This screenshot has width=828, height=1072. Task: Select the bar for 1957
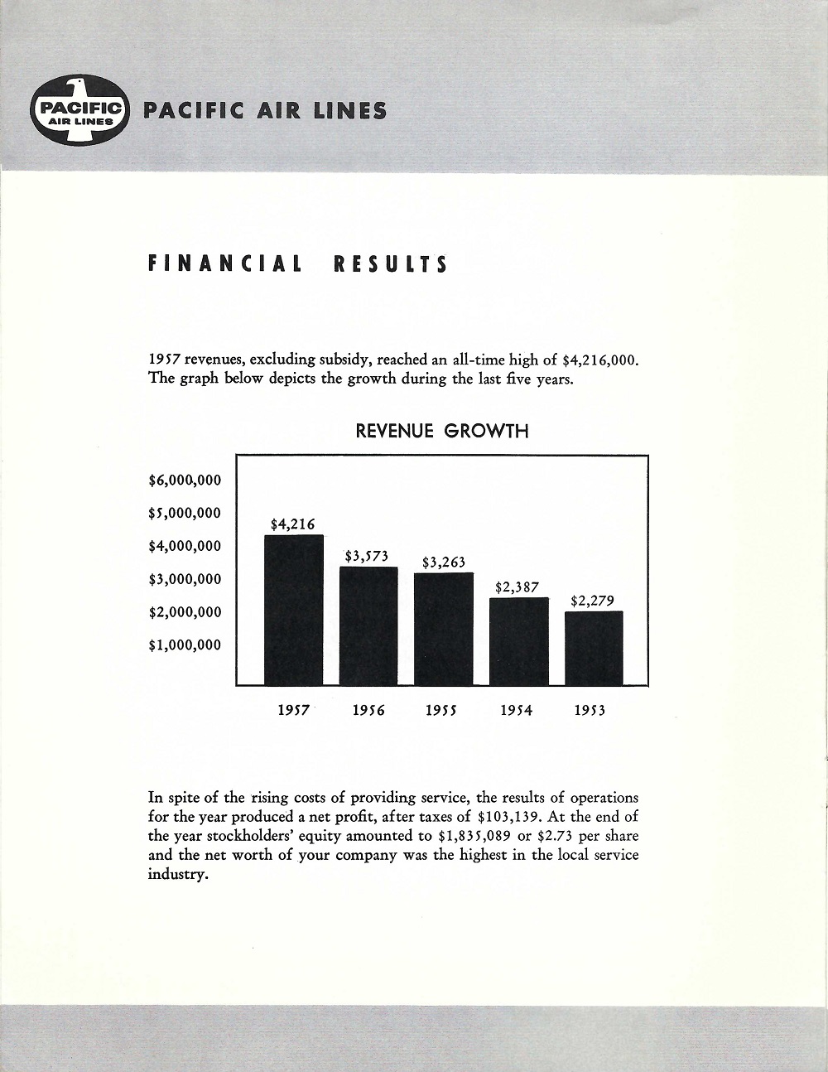coord(293,610)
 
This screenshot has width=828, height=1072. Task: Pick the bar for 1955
coord(444,629)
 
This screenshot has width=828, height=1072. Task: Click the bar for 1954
coord(519,641)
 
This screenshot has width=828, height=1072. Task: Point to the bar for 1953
coord(593,648)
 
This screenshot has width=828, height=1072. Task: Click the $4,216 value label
coord(292,524)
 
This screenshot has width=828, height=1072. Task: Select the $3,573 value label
coord(367,556)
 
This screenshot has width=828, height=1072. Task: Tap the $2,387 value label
coord(517,587)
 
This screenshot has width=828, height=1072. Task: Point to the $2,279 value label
coord(592,601)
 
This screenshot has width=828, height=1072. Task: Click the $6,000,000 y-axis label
coord(185,480)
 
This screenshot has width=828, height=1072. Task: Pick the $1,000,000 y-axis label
coord(185,645)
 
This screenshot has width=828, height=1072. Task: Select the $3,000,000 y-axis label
coord(185,579)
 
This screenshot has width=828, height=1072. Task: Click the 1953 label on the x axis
coord(590,711)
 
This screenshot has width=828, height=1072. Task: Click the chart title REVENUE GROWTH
coord(441,431)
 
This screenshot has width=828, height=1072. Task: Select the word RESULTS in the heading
coord(390,264)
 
